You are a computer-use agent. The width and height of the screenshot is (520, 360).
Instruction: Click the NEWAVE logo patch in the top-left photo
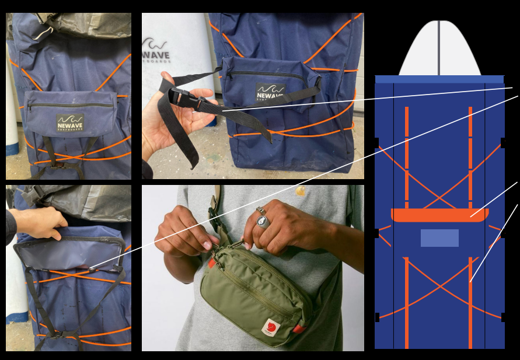pos(70,123)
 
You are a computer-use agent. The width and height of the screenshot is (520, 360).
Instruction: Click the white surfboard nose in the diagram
pos(439,50)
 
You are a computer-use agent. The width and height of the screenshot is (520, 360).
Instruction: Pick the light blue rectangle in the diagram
pos(439,238)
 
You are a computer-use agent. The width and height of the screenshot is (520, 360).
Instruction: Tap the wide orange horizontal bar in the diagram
pos(439,215)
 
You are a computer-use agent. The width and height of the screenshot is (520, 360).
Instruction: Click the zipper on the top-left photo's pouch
pos(70,105)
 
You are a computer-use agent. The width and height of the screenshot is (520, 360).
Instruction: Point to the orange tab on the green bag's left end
pos(211,264)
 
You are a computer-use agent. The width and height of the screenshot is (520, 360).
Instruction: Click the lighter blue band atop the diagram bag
pos(439,79)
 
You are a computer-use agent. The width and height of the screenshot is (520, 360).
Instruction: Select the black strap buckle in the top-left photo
pos(58,165)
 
